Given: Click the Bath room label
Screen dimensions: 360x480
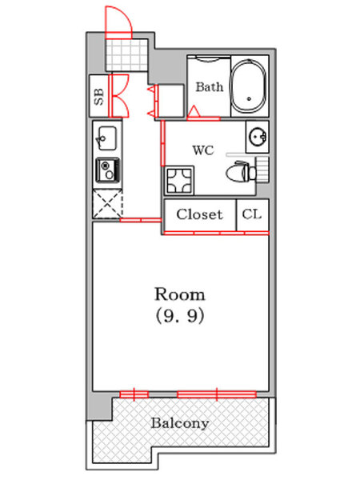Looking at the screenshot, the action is (210, 87).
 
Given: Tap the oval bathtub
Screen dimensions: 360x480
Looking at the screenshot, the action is (248, 86).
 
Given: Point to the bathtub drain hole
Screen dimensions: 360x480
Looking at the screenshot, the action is (249, 99).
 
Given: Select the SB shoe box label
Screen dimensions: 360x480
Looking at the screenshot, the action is (99, 97).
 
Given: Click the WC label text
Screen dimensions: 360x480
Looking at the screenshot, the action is (203, 150).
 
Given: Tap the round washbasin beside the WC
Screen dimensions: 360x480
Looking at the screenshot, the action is (258, 137).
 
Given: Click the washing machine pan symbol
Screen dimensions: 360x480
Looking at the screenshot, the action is (179, 181).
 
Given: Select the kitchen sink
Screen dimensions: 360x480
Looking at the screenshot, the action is (107, 138).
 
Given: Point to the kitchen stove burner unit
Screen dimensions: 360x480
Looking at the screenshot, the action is (107, 170).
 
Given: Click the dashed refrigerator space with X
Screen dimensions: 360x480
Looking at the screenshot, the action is (107, 203).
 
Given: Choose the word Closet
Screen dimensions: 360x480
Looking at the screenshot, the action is (199, 214).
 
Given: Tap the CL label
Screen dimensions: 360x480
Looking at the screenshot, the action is (252, 214).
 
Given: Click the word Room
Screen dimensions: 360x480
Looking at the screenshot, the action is (180, 294).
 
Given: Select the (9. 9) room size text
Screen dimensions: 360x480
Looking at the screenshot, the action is (180, 316).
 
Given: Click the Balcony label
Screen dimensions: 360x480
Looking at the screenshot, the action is (180, 423).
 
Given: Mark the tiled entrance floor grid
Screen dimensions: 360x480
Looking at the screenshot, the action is (126, 55).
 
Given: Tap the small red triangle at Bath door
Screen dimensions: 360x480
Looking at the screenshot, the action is (193, 111).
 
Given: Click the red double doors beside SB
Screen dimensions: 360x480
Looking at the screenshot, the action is (118, 95).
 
